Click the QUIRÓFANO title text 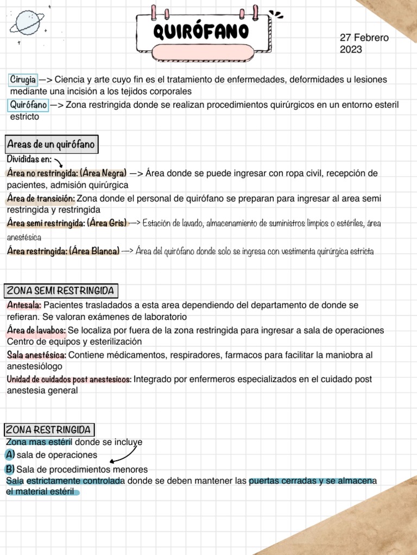click(201, 31)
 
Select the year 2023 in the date click(351, 50)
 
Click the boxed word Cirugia click(23, 80)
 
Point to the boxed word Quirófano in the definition click(28, 105)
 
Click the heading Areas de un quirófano click(50, 145)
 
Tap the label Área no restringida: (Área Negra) click(67, 173)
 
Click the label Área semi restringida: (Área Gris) click(67, 223)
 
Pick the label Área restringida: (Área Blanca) click(64, 251)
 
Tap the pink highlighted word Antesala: click(24, 305)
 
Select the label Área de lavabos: click(37, 330)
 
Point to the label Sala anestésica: click(37, 354)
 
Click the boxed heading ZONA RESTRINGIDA click(49, 430)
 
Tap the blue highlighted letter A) click(10, 454)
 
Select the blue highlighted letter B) click(10, 468)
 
